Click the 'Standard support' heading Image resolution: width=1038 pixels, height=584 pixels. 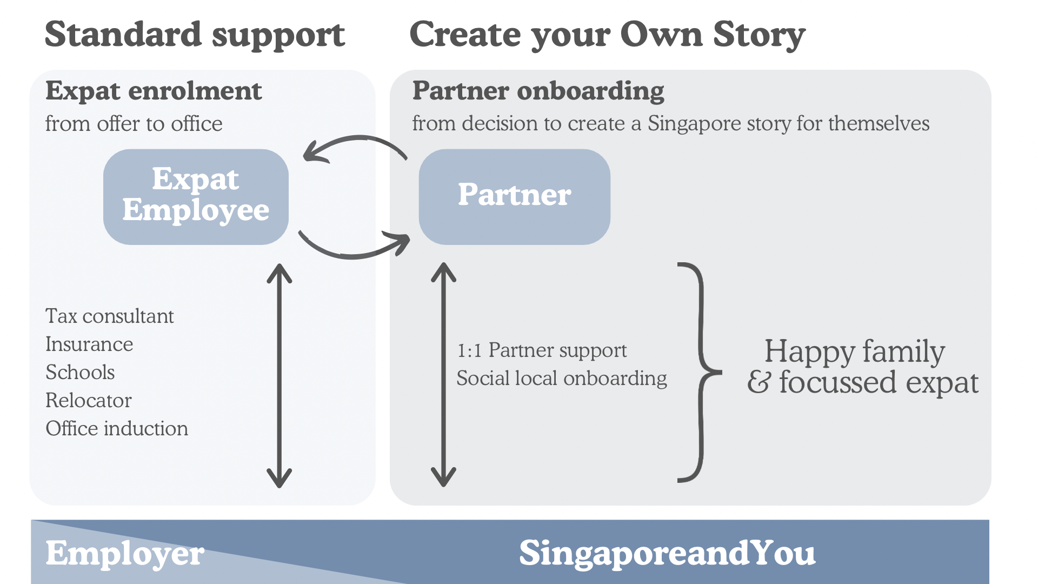pos(195,35)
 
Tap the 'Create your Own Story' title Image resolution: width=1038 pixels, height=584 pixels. pos(607,35)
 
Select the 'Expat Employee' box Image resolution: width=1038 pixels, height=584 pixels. pos(196,196)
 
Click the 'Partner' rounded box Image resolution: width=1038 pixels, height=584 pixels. pos(514,196)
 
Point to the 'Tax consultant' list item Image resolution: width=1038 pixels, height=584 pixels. pos(109,316)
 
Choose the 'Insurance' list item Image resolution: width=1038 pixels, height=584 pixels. pos(89,344)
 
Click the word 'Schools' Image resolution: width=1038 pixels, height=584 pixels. pos(80,373)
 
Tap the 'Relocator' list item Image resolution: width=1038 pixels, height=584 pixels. pos(88,401)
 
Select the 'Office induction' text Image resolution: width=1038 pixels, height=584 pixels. pos(117,429)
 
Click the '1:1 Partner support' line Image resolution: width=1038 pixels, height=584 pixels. pos(542,350)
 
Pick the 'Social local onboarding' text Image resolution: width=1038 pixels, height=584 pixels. pos(561,379)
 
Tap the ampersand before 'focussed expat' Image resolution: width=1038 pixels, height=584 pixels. pos(758,382)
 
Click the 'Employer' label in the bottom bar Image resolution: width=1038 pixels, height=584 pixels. pos(125,554)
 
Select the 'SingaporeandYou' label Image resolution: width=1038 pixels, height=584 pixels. pos(667,553)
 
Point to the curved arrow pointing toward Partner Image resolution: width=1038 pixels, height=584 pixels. pos(354,249)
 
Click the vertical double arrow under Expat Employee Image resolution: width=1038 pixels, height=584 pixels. pos(280,375)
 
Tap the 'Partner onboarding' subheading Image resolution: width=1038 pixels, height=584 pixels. pos(538,91)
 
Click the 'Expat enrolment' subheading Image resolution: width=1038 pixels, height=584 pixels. pos(154,91)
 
